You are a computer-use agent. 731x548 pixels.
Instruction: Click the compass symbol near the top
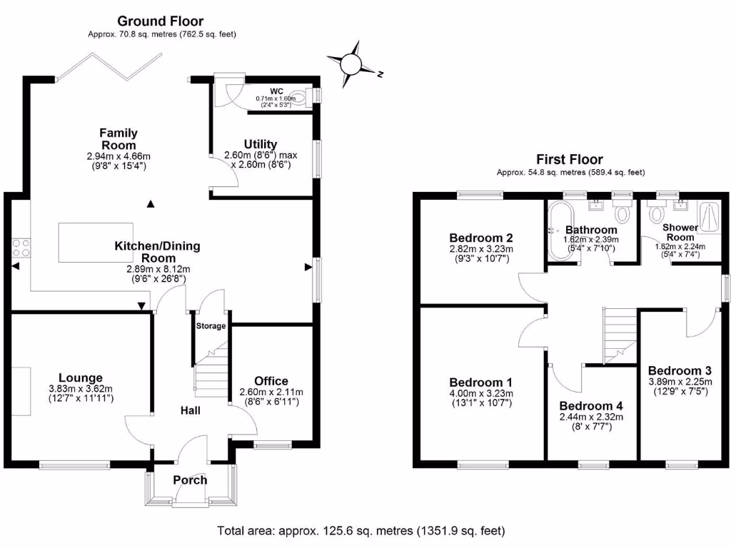pyautogui.click(x=351, y=65)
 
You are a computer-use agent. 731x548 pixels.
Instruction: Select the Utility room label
pyautogui.click(x=260, y=144)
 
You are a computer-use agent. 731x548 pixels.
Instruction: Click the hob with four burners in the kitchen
pyautogui.click(x=21, y=247)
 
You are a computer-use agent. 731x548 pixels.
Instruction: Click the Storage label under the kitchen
pyautogui.click(x=211, y=326)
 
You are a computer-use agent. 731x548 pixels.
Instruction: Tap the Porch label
pyautogui.click(x=190, y=479)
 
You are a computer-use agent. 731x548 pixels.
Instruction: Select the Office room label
pyautogui.click(x=271, y=381)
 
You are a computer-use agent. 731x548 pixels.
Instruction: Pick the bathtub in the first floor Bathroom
pyautogui.click(x=558, y=230)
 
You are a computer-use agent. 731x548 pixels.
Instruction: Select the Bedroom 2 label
pyautogui.click(x=482, y=238)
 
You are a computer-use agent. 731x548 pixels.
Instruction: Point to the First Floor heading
pyautogui.click(x=570, y=160)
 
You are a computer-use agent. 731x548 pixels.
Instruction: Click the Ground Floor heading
pyautogui.click(x=161, y=21)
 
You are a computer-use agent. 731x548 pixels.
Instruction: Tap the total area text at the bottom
pyautogui.click(x=361, y=531)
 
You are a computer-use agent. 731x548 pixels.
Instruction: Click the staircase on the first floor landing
pyautogui.click(x=619, y=335)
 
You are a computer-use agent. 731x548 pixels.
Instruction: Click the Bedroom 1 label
pyautogui.click(x=481, y=382)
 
